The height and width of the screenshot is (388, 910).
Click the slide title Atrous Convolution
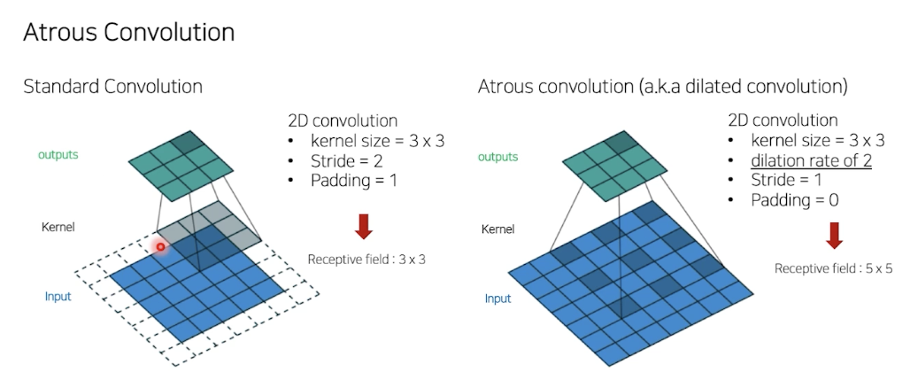coord(128,33)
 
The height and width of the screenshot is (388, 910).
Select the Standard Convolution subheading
coord(112,87)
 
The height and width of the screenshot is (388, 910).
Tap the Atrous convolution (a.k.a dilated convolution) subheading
coord(663,87)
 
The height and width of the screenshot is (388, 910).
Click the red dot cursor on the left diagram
coord(161,246)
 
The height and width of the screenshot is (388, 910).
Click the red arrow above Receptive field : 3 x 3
coord(364,226)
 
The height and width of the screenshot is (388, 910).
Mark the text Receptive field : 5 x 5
coord(834,268)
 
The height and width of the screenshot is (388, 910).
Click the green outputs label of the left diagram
coord(58,154)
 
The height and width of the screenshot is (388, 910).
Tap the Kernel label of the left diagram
coord(58,227)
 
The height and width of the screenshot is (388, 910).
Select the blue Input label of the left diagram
coord(58,296)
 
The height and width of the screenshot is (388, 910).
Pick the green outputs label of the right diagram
coord(497,157)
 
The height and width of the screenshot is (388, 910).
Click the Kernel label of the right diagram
coord(497,229)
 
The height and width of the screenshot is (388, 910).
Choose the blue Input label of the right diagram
coord(497,299)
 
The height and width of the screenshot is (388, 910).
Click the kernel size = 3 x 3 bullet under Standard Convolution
coord(375,140)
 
